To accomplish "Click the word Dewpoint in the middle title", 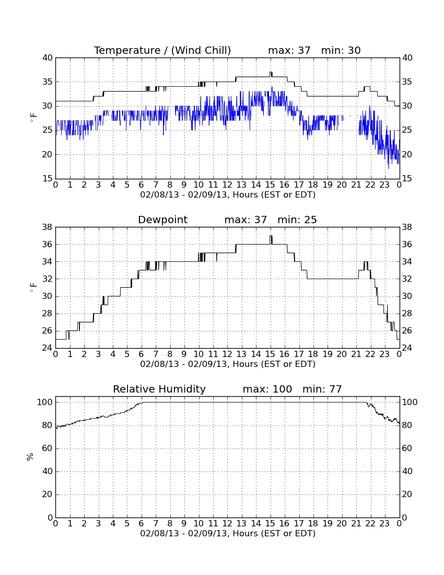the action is point(162,220).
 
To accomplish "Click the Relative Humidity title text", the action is point(159,389).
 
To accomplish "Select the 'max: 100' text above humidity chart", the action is point(267,389).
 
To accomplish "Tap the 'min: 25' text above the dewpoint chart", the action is point(297,220).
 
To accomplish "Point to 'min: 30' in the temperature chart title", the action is point(341,51).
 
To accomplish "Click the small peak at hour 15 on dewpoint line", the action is point(271,239).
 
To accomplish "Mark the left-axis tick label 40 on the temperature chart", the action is point(48,58).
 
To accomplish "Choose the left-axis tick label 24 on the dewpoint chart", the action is point(48,348).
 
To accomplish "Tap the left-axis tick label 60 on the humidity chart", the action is point(48,448).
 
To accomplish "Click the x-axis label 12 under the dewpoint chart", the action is point(227,354).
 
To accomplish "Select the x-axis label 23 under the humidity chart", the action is point(384,524).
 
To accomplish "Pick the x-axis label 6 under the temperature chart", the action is point(142,185).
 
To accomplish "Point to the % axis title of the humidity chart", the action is point(30,457).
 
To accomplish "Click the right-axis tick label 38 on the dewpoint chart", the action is point(407,227).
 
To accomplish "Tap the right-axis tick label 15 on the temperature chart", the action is point(407,179).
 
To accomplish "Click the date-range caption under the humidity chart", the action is point(228,533).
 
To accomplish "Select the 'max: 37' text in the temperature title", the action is point(289,51).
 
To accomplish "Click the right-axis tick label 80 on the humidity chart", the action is point(407,425).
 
